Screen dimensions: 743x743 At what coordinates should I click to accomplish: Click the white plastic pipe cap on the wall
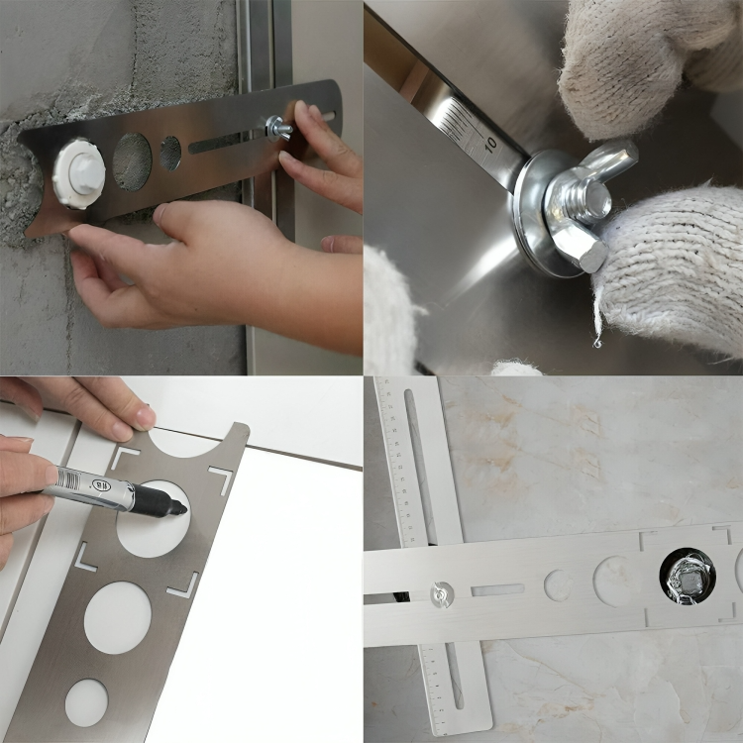78,172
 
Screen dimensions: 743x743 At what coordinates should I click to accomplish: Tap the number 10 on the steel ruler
490,145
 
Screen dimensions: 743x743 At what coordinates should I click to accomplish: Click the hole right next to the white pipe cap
132,160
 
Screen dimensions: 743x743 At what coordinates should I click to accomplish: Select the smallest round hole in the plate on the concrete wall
171,153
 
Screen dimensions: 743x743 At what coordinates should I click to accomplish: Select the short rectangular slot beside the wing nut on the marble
497,589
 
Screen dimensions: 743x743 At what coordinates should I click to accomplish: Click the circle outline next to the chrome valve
617,582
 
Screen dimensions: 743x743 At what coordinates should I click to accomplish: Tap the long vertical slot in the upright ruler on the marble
420,466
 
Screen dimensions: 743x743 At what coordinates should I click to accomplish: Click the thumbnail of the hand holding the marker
144,416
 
